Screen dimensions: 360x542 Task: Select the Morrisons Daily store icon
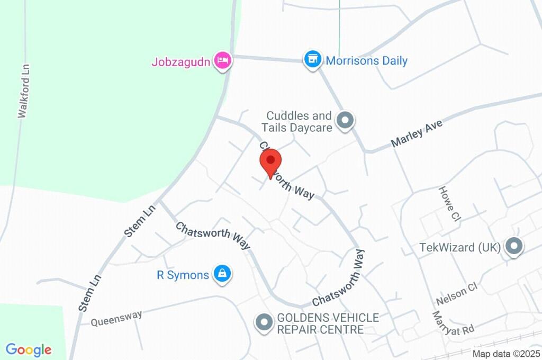click(312, 59)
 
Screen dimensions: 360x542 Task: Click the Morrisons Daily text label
click(367, 61)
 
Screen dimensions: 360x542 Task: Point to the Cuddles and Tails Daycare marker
click(346, 121)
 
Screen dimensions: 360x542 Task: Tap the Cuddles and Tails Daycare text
click(299, 121)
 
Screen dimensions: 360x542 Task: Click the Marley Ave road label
click(417, 134)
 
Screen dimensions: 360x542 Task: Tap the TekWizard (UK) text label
click(459, 247)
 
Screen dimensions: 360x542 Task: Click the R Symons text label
click(183, 275)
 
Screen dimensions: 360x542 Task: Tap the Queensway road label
click(116, 318)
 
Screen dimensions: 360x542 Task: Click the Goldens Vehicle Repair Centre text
click(328, 323)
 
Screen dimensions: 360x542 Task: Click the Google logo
click(29, 350)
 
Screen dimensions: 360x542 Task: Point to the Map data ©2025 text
click(506, 354)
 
